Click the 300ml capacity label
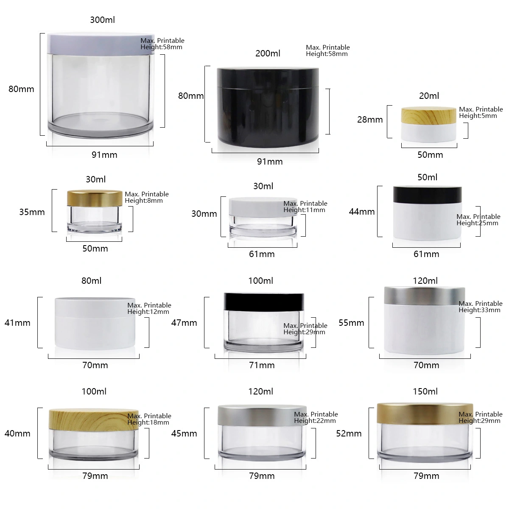(x=103, y=20)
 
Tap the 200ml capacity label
(x=268, y=53)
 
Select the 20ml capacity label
(x=429, y=95)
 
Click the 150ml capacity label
(x=425, y=391)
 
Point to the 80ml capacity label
(x=91, y=280)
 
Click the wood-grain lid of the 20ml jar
(x=428, y=115)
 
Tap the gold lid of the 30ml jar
(x=95, y=198)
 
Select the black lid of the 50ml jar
(x=428, y=194)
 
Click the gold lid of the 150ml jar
(x=425, y=414)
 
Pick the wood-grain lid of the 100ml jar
(x=94, y=419)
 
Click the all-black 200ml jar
(x=268, y=107)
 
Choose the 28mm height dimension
(x=370, y=120)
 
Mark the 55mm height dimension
(x=351, y=323)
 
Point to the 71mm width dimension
(x=262, y=365)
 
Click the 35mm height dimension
(x=32, y=212)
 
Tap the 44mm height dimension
(x=362, y=212)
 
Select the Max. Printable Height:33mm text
(x=481, y=307)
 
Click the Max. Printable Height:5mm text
(x=481, y=112)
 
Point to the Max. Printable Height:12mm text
(x=149, y=308)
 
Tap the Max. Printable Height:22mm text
(x=316, y=417)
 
